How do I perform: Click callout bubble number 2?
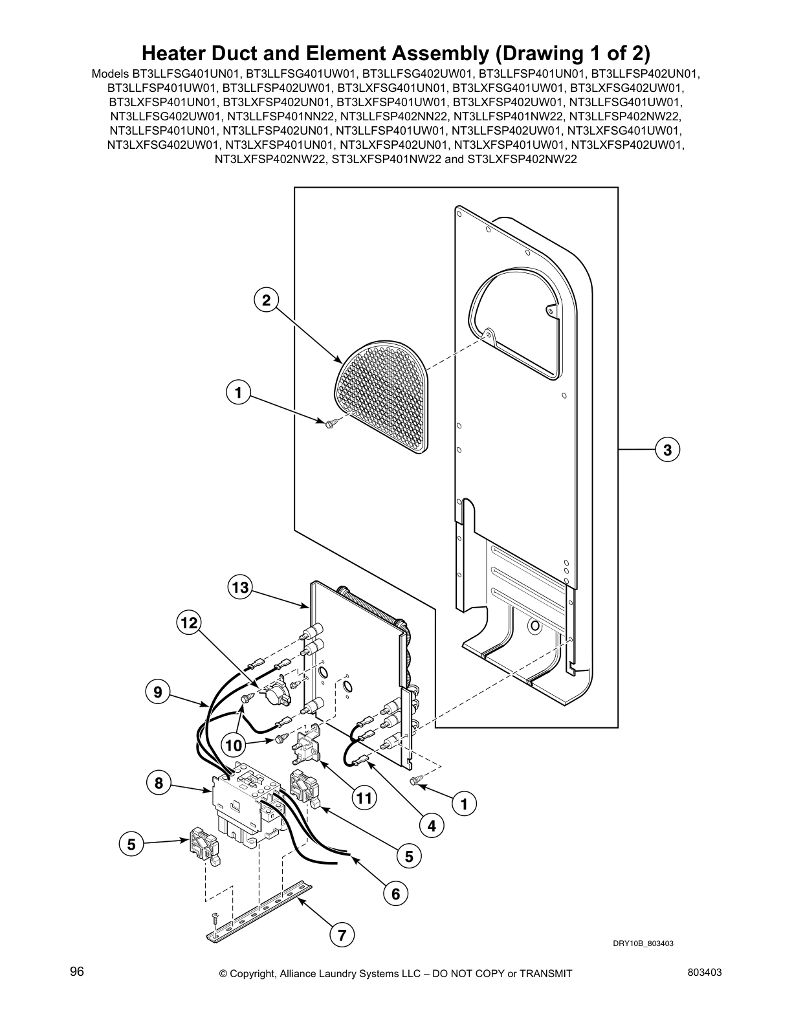pyautogui.click(x=265, y=300)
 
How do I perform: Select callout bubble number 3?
pyautogui.click(x=667, y=449)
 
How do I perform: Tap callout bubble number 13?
pyautogui.click(x=240, y=588)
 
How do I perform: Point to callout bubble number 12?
pyautogui.click(x=188, y=623)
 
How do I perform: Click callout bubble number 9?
pyautogui.click(x=158, y=693)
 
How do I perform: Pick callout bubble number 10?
pyautogui.click(x=234, y=745)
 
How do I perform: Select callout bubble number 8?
pyautogui.click(x=158, y=784)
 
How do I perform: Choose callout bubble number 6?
pyautogui.click(x=395, y=894)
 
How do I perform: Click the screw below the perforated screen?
pyautogui.click(x=330, y=422)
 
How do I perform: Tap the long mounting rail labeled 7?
pyautogui.click(x=259, y=906)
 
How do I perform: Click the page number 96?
pyautogui.click(x=77, y=972)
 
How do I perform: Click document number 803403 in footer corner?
pyautogui.click(x=705, y=972)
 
